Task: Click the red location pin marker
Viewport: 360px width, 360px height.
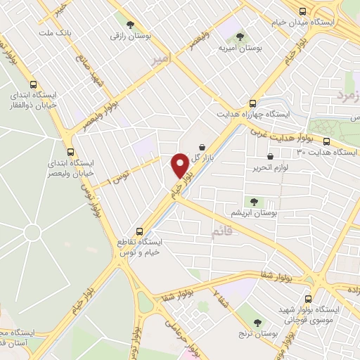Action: (181, 165)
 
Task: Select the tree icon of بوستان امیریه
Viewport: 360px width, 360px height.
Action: (240, 35)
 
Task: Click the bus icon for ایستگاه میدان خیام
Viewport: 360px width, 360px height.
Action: (302, 11)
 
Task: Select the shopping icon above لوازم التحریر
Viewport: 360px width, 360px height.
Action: (271, 157)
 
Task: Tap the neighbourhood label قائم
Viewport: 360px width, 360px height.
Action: (221, 233)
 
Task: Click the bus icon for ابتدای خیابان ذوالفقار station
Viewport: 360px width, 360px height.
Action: (33, 85)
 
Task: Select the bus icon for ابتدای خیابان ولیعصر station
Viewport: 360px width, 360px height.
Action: (70, 152)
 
